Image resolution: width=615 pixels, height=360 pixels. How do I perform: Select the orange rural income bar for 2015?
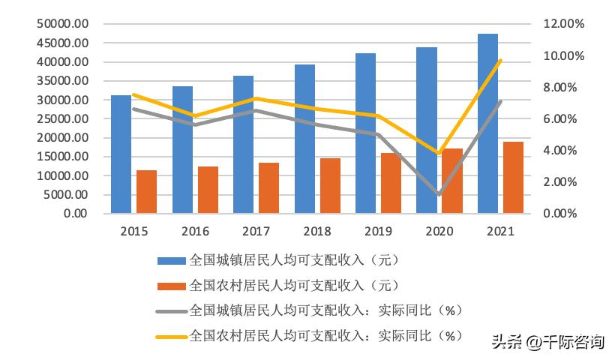[146, 192]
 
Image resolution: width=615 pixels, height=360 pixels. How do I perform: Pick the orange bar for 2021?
[513, 178]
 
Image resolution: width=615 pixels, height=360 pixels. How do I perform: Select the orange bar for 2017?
[268, 188]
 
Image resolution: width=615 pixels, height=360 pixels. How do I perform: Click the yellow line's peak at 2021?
[500, 61]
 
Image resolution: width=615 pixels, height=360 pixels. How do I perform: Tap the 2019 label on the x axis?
[377, 231]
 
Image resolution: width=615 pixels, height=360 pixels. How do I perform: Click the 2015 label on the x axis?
[133, 231]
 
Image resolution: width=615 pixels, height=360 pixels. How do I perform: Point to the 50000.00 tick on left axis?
[62, 24]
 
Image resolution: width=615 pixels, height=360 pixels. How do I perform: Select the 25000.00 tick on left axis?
[62, 118]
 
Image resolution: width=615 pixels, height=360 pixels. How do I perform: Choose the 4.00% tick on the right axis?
[559, 150]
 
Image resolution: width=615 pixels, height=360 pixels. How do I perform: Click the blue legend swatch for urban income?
[171, 261]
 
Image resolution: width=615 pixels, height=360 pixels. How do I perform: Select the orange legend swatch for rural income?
[171, 286]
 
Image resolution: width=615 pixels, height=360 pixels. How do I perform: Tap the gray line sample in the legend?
[171, 310]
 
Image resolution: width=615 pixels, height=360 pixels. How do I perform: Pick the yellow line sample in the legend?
[171, 335]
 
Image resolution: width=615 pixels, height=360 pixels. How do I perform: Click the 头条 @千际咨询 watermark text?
[547, 342]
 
